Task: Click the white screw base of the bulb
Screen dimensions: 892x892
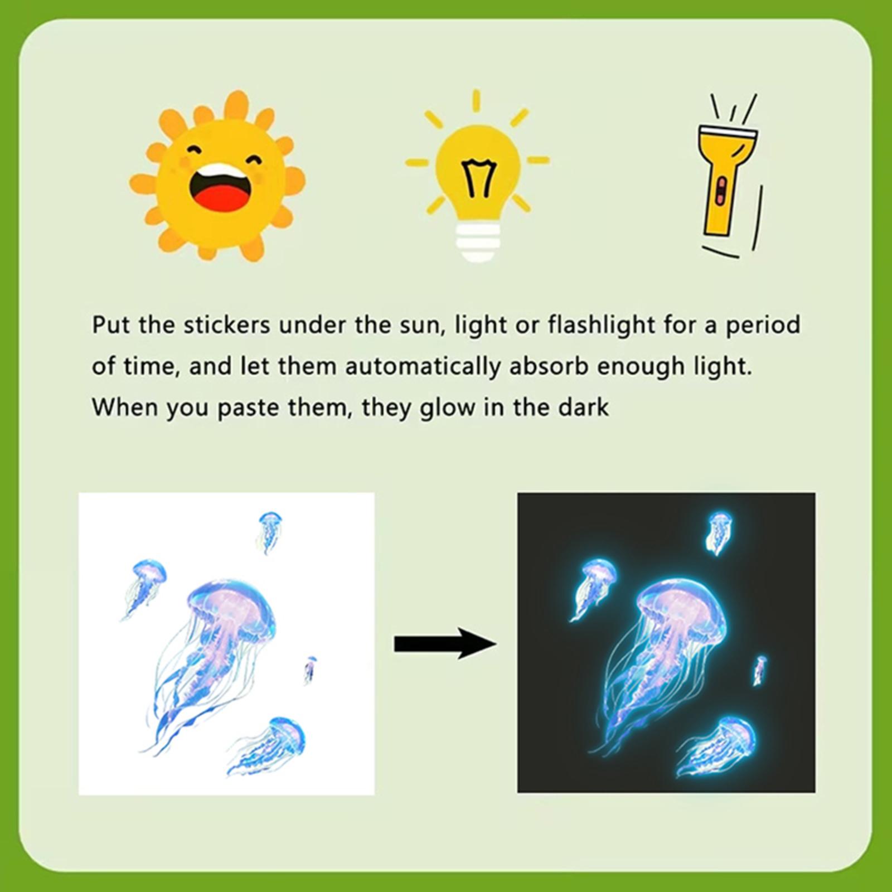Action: (478, 241)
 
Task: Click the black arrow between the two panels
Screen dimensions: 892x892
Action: (445, 644)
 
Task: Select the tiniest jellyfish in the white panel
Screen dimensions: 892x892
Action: (310, 669)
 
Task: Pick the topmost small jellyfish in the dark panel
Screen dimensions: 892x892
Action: (719, 532)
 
